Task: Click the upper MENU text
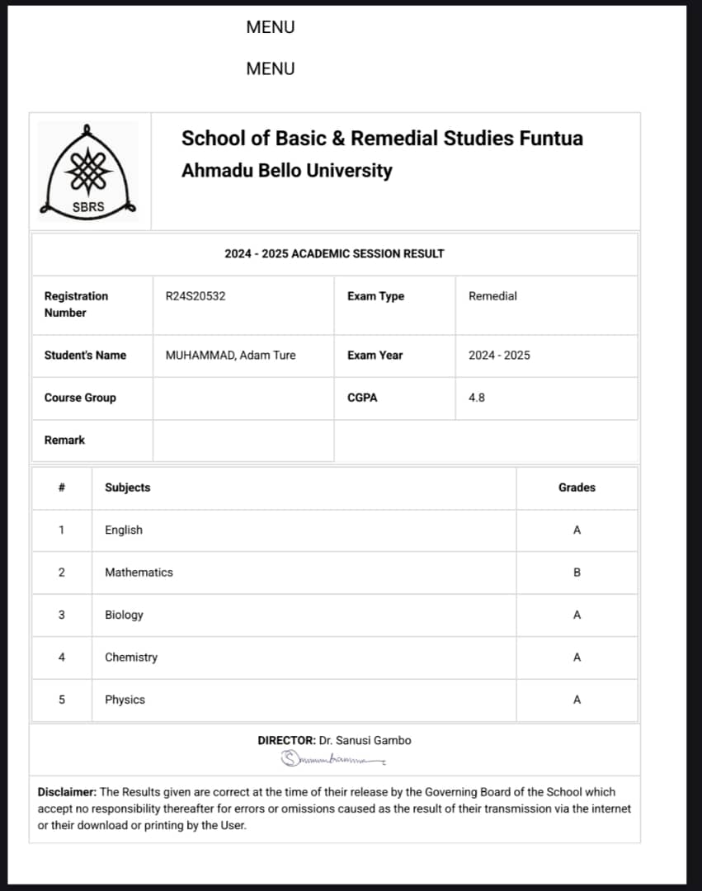[270, 27]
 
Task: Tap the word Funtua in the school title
[551, 138]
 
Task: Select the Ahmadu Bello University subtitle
[286, 171]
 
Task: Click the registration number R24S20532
[196, 296]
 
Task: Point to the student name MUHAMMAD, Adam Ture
[230, 356]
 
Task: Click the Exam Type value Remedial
[492, 296]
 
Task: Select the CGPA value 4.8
[477, 398]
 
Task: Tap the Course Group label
[80, 398]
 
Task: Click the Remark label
[64, 441]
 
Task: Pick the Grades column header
[577, 488]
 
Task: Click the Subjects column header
[127, 488]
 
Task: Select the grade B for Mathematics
[577, 573]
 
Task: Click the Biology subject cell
[124, 615]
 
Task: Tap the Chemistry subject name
[130, 658]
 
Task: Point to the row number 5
[61, 700]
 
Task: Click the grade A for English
[577, 530]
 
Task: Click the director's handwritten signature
[333, 757]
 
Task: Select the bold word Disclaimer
[67, 792]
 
